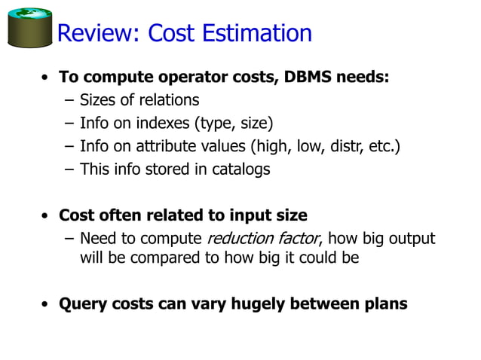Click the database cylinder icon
click(x=29, y=28)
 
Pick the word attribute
click(x=176, y=146)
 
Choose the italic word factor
click(x=296, y=239)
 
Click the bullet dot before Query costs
click(x=47, y=305)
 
